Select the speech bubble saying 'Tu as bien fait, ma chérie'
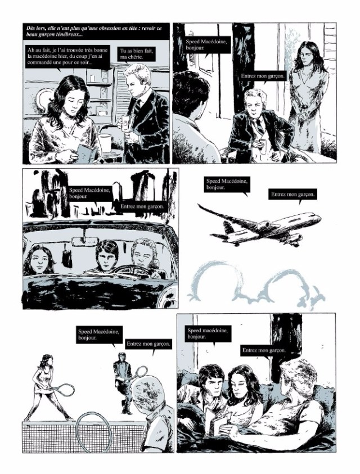(x=137, y=54)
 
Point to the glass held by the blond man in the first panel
(x=125, y=121)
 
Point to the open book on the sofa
(x=221, y=423)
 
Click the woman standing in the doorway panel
(x=308, y=97)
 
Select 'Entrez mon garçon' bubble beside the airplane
(x=292, y=195)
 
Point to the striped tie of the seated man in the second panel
(x=260, y=126)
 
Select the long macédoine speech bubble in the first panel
(x=67, y=57)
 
